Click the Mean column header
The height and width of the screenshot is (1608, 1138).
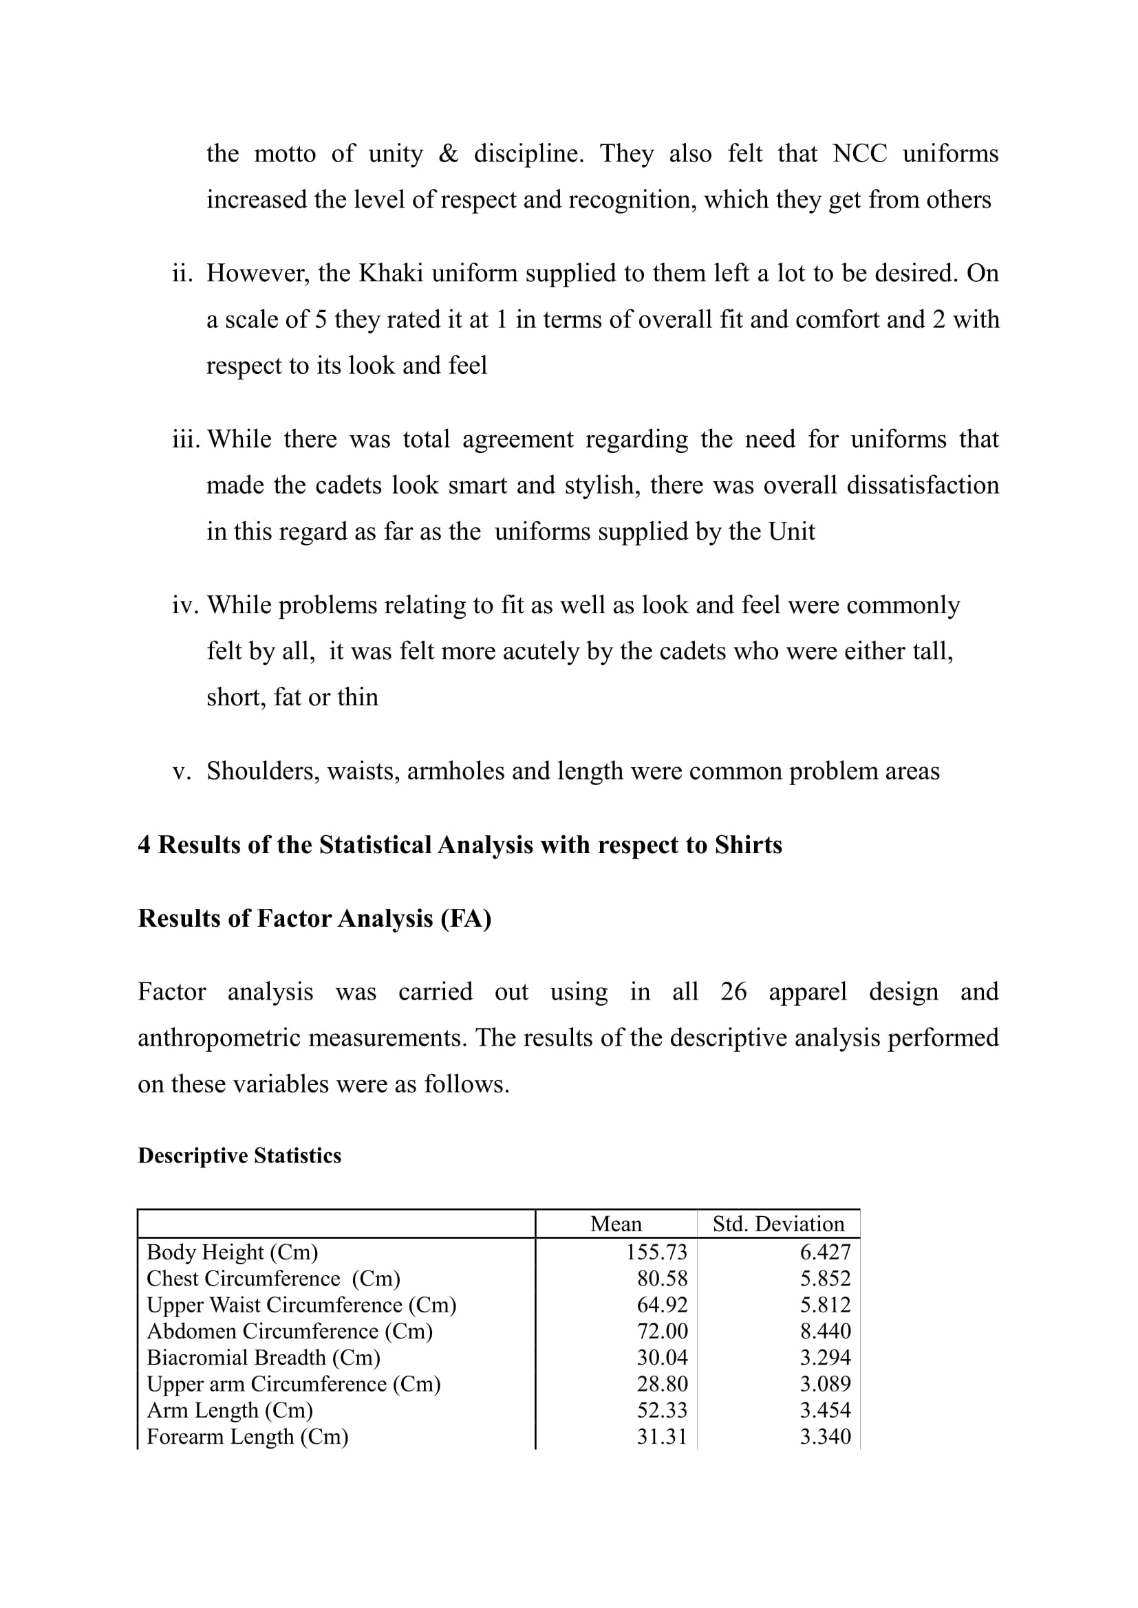coord(615,1224)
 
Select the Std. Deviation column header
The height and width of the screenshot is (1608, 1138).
coord(778,1224)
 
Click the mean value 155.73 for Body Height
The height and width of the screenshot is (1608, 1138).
coord(656,1251)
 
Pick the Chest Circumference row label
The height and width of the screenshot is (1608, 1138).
coord(273,1278)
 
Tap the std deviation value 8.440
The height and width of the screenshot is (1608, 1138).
coord(825,1331)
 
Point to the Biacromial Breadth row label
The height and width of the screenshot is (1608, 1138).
coord(264,1357)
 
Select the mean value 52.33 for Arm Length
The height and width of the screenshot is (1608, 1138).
coord(662,1410)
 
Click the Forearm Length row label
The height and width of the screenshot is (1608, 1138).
coord(248,1436)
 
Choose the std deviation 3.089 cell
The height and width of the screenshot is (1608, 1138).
coord(825,1384)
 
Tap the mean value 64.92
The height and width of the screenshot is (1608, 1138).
coord(662,1305)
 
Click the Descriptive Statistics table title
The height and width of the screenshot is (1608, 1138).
coord(239,1156)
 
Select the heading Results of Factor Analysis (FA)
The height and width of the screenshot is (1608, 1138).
coord(314,918)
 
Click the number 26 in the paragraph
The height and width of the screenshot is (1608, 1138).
coord(733,993)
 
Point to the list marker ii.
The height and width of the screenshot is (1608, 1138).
coord(182,273)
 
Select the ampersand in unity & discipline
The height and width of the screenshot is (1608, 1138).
coord(448,154)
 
